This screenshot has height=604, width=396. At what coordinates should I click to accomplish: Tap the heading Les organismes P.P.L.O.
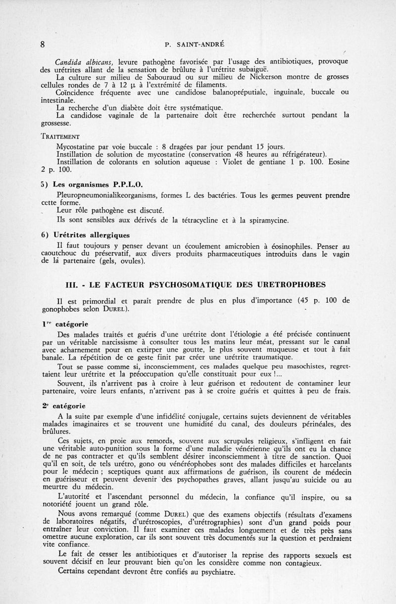coord(86,185)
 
